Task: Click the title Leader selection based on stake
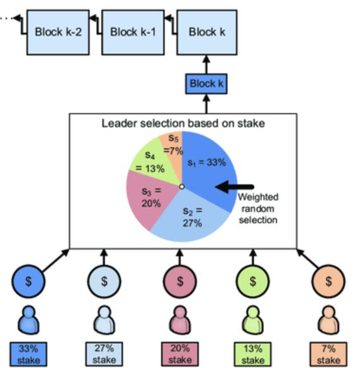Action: [183, 123]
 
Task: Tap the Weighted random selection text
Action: [258, 209]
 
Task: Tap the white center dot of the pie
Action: [182, 187]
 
